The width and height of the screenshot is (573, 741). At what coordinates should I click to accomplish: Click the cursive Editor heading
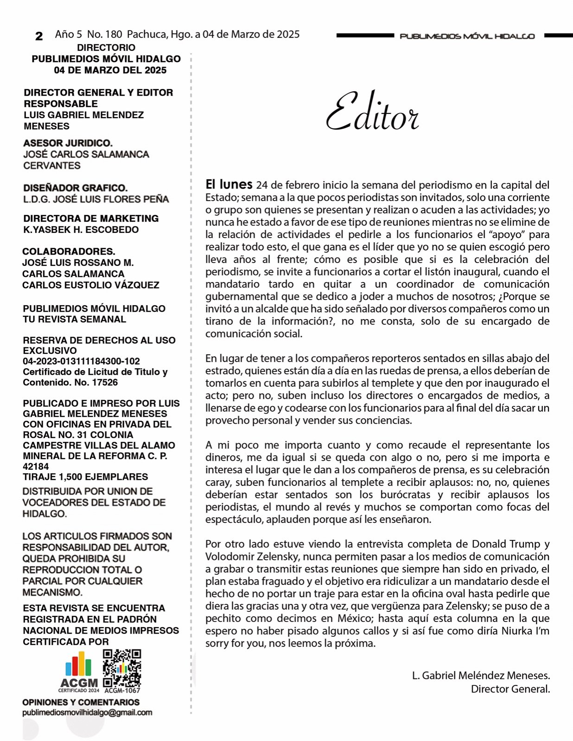point(372,112)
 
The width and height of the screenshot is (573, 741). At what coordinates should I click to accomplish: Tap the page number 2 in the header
point(39,36)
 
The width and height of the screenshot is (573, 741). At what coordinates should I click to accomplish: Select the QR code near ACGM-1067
point(122,668)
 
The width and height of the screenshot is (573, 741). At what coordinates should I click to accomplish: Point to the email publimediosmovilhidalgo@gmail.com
point(87,712)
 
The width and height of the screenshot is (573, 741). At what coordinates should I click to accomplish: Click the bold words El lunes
point(229,184)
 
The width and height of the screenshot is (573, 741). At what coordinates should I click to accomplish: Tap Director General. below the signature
point(510,689)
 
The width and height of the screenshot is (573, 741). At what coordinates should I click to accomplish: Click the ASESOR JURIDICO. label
point(68,143)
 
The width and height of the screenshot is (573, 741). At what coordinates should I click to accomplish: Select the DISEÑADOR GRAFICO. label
point(76,188)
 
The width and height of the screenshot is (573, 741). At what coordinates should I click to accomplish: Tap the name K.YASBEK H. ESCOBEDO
point(81,230)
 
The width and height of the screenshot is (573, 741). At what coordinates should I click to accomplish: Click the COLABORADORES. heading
point(69,251)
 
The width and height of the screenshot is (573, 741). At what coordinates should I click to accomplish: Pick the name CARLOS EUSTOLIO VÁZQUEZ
point(91,285)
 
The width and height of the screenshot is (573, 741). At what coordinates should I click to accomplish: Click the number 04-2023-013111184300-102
point(82,361)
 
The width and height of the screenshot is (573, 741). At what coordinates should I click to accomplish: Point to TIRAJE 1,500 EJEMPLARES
point(85,477)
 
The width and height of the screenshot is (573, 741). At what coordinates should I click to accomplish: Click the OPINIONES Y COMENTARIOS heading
point(81,702)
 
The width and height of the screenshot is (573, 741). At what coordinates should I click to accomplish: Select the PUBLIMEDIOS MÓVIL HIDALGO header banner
point(467,36)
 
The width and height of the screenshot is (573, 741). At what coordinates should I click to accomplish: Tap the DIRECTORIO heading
point(106,47)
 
